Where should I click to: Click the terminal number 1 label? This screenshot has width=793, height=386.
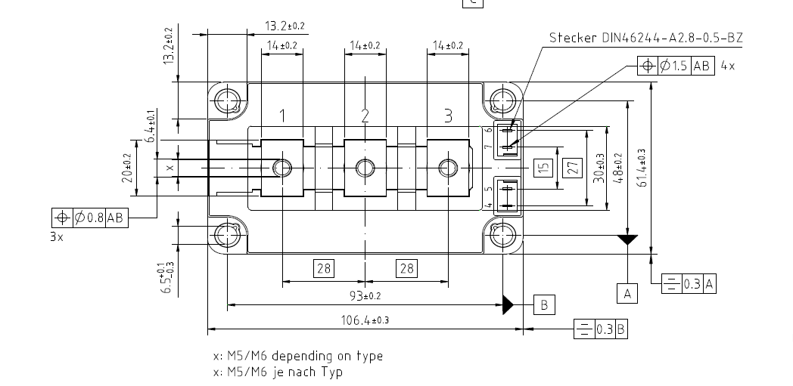point(282,116)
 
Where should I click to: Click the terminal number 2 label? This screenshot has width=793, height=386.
point(365,116)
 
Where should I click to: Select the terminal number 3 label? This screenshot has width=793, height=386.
point(448,116)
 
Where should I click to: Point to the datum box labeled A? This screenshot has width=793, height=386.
point(627,293)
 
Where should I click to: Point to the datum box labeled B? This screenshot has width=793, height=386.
point(544,304)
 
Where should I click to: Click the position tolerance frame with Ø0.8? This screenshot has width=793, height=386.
point(90,218)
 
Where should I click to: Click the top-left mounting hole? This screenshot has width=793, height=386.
point(226,100)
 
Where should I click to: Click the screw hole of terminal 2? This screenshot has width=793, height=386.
point(365,168)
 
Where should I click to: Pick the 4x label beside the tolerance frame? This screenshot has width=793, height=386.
point(727,66)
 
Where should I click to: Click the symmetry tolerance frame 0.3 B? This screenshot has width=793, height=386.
point(601,329)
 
